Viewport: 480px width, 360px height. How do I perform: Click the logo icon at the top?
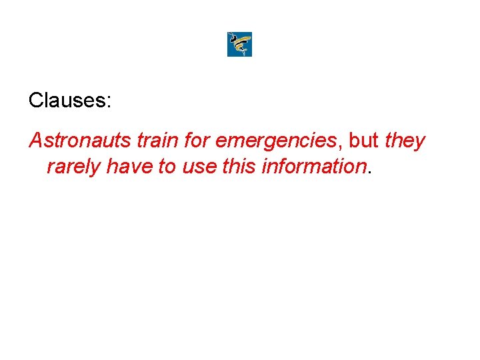[x=239, y=44]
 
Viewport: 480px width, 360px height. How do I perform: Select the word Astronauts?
[x=80, y=141]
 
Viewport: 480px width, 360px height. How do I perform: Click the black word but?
[x=363, y=141]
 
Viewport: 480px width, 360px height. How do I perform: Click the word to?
[x=167, y=165]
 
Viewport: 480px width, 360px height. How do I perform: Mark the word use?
[x=199, y=167]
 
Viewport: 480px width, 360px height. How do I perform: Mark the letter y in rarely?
[x=96, y=168]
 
